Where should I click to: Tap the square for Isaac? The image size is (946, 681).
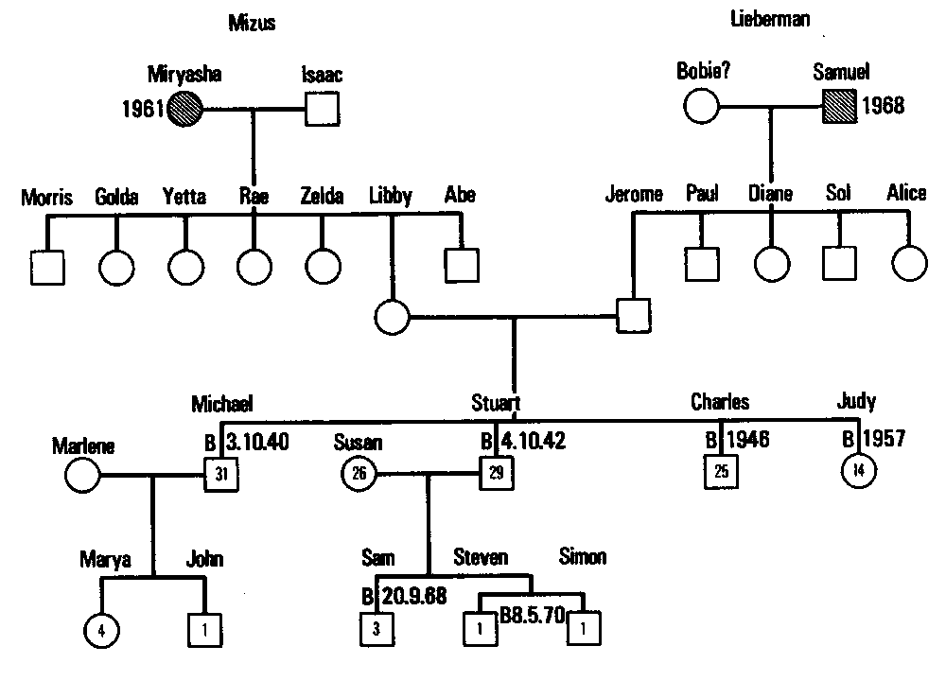323,110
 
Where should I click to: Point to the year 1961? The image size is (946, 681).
142,110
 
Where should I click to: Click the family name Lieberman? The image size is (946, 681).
770,19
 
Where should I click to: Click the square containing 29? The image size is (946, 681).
496,471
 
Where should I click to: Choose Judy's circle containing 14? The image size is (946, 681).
858,471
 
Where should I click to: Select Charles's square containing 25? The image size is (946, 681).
721,470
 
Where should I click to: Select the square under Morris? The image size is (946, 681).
47,267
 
